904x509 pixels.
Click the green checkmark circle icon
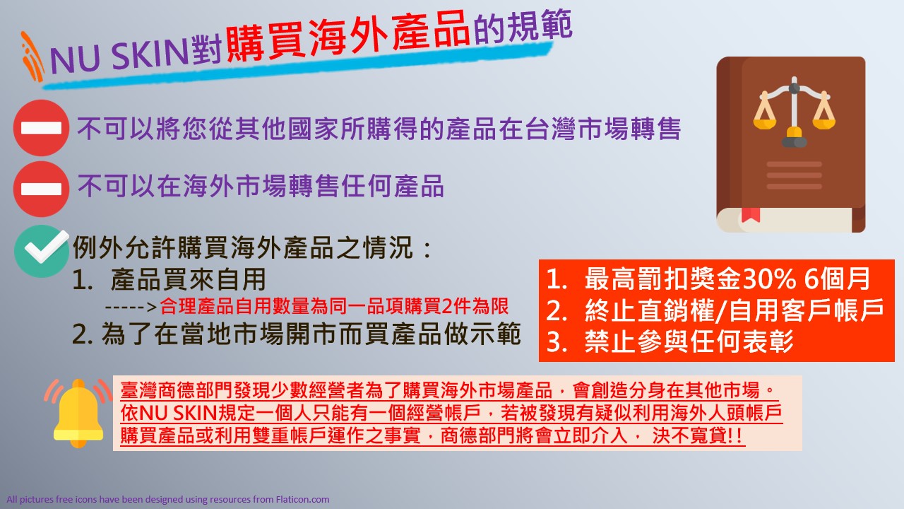pyautogui.click(x=41, y=251)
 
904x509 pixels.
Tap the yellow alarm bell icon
pyautogui.click(x=78, y=414)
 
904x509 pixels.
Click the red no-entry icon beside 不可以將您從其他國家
pyautogui.click(x=41, y=128)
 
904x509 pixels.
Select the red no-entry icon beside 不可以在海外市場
pyautogui.click(x=41, y=189)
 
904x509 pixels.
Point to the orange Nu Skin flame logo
pyautogui.click(x=32, y=57)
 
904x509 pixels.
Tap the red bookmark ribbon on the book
pyautogui.click(x=751, y=214)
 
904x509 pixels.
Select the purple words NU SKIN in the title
pyautogui.click(x=119, y=57)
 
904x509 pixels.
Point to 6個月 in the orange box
pyautogui.click(x=837, y=279)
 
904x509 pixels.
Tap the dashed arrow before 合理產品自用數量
pyautogui.click(x=131, y=308)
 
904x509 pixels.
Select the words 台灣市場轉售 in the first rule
pyautogui.click(x=603, y=129)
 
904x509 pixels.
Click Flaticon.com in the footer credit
pyautogui.click(x=303, y=499)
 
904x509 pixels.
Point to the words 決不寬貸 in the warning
pyautogui.click(x=689, y=435)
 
